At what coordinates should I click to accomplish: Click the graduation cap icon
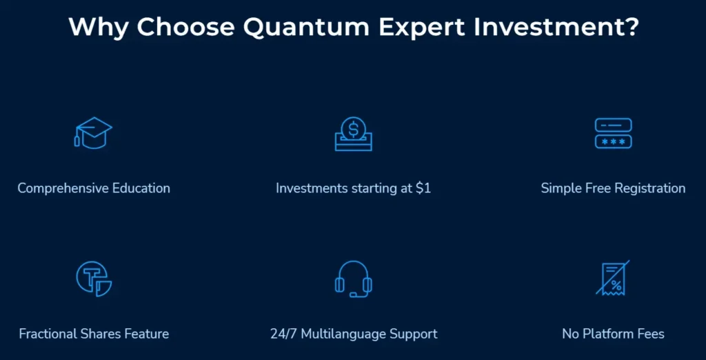93,133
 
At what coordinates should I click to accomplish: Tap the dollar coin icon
353,129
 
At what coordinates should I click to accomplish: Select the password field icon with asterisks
613,133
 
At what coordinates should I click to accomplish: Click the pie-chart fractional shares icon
93,279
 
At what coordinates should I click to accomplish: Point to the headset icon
353,279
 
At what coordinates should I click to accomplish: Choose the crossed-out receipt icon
613,279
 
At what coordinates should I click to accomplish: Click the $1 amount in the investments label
423,188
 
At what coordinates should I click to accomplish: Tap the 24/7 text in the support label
284,334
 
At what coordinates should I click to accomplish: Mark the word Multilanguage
343,334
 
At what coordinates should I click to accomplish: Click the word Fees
650,334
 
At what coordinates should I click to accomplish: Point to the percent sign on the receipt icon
616,285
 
